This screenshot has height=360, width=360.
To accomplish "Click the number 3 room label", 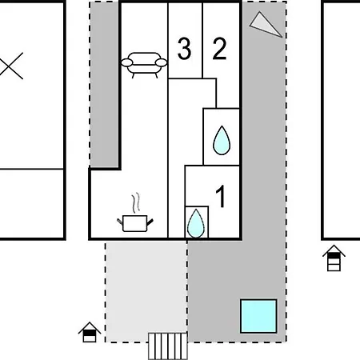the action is [x=184, y=49].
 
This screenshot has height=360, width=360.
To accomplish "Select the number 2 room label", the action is [x=219, y=49].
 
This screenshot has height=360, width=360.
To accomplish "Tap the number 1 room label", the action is [x=221, y=196].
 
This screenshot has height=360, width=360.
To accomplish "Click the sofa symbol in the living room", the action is [x=144, y=65].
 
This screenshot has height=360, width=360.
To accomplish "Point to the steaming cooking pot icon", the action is [x=135, y=213].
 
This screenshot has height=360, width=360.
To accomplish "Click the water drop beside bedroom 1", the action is [x=196, y=223].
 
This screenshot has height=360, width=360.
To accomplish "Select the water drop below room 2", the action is [x=222, y=140].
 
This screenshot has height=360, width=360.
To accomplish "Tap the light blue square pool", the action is [x=258, y=316].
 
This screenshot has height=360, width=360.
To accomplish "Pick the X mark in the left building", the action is [x=11, y=66].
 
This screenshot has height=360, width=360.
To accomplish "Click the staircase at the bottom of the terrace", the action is [x=168, y=346].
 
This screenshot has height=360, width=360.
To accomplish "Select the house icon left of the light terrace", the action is [x=90, y=332].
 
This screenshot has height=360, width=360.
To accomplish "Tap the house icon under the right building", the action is [x=334, y=258].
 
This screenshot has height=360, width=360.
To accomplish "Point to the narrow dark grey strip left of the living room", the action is [x=104, y=85].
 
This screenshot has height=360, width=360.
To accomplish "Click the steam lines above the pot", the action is [x=136, y=202].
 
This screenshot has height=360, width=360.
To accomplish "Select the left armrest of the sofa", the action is [x=126, y=62].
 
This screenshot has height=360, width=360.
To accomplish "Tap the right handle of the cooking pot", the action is [x=150, y=222].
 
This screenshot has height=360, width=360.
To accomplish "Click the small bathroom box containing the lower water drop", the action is [x=197, y=222].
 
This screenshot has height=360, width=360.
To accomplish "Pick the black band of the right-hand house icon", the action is [x=334, y=255].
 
